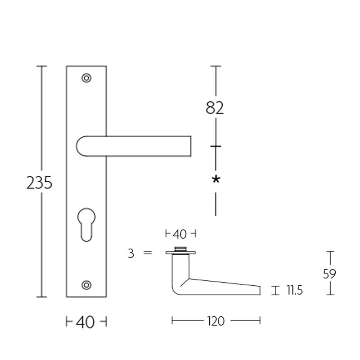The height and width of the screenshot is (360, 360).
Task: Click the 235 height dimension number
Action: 40,183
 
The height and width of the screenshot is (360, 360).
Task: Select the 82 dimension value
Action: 215,108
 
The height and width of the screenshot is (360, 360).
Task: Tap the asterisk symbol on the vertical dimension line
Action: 216,180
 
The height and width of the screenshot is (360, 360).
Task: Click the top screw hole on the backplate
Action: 86,78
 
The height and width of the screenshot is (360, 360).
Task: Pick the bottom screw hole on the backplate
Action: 86,284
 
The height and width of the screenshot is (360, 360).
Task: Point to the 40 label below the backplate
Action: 86,322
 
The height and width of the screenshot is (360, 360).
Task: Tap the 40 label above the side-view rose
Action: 180,234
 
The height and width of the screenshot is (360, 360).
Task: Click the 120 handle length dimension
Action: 216,321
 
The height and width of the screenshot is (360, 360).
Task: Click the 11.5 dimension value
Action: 294,291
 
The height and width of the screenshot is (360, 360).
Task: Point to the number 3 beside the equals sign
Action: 131,254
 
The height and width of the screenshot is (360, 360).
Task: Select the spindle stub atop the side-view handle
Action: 180,249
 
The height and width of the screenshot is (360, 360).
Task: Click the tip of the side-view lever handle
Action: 258,290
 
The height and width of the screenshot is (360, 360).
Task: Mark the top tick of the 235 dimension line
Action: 42,66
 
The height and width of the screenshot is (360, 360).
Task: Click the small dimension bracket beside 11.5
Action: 274,290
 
